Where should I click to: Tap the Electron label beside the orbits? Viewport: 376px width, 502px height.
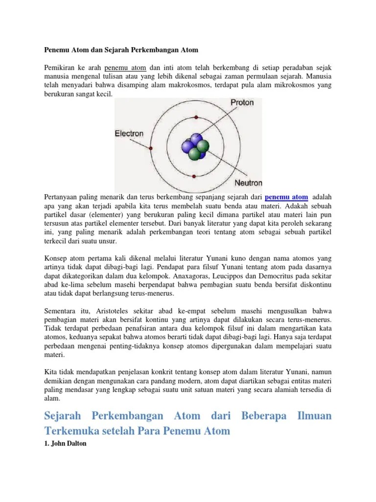129,133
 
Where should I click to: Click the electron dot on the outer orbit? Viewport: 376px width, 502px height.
151,148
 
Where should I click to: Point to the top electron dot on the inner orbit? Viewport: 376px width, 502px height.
196,117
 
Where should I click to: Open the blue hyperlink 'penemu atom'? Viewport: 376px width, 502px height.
286,197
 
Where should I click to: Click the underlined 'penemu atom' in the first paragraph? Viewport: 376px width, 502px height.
126,67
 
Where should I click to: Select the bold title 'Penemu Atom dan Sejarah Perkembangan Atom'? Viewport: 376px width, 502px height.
121,50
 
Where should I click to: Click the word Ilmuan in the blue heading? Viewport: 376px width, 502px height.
314,416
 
